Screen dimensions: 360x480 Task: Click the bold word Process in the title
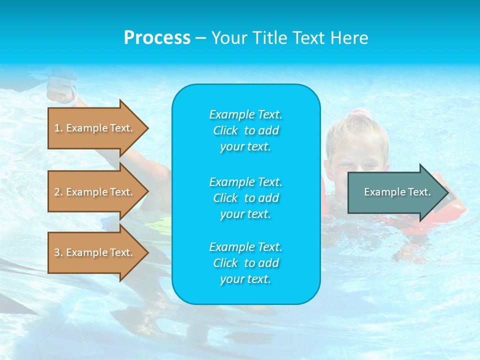pyautogui.click(x=157, y=38)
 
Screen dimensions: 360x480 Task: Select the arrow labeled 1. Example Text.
pyautogui.click(x=95, y=128)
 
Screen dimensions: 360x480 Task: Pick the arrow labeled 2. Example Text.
pyautogui.click(x=95, y=192)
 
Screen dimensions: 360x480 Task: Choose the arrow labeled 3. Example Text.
pyautogui.click(x=95, y=252)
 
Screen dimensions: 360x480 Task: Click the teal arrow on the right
pyautogui.click(x=395, y=192)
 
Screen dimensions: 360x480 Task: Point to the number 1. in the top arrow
pyautogui.click(x=58, y=128)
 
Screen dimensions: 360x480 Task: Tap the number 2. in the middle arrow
pyautogui.click(x=58, y=192)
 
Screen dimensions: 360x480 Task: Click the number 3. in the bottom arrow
pyautogui.click(x=58, y=252)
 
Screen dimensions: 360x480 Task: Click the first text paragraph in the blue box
pyautogui.click(x=245, y=130)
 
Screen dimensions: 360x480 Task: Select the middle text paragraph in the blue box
pyautogui.click(x=245, y=198)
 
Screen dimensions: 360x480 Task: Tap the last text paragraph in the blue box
pyautogui.click(x=245, y=263)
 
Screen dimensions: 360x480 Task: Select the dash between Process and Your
pyautogui.click(x=200, y=38)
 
